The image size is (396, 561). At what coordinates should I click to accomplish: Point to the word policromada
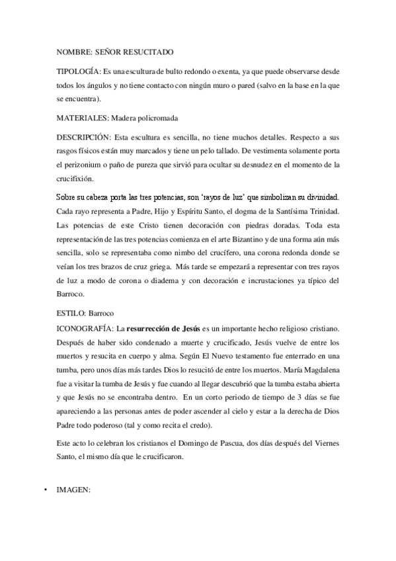(x=155, y=118)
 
